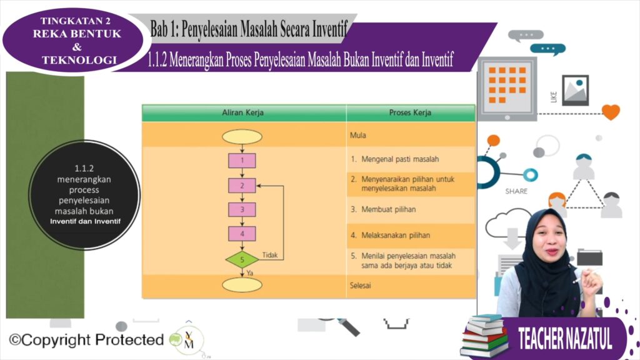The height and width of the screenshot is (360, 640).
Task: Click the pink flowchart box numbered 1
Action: [242, 161]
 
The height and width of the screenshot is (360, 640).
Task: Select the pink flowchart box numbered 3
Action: [242, 209]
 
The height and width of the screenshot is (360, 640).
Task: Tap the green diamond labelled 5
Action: [242, 259]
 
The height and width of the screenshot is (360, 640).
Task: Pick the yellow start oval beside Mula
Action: [242, 137]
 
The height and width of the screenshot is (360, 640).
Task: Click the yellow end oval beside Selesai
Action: [242, 285]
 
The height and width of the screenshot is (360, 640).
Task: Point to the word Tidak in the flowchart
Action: [270, 255]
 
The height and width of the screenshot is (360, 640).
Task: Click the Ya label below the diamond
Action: [250, 272]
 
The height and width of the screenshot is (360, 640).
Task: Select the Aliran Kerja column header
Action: [243, 112]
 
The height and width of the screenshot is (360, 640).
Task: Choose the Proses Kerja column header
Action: [410, 112]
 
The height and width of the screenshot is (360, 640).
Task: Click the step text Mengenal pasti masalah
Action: [400, 159]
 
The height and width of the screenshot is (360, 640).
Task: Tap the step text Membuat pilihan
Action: [389, 209]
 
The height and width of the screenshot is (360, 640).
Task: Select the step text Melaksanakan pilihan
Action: [396, 235]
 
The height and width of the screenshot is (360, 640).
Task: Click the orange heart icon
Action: [611, 112]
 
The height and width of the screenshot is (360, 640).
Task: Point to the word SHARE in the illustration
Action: [516, 191]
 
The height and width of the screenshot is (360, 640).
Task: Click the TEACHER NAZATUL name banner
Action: [565, 338]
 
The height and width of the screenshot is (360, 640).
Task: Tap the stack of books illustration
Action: [484, 336]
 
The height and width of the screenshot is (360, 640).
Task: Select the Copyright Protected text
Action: [86, 339]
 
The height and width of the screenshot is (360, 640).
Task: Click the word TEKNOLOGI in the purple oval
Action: [79, 60]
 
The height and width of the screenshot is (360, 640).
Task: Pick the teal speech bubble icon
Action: [547, 49]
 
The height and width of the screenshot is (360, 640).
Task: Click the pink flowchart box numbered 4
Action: [242, 234]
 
